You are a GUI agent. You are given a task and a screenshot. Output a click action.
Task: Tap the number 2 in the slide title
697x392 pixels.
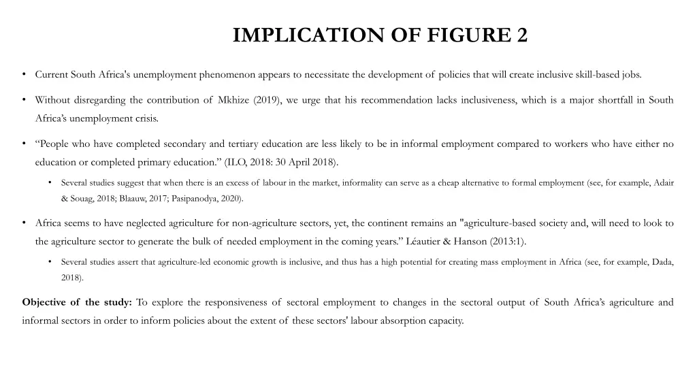pos(521,35)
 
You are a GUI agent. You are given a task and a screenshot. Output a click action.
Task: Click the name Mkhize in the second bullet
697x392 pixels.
pos(233,100)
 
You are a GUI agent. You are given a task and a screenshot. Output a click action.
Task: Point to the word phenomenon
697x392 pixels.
pos(226,75)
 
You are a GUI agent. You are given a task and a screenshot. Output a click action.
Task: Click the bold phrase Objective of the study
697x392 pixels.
pos(78,302)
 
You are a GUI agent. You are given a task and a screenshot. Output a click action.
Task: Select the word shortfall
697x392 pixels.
pos(615,100)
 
